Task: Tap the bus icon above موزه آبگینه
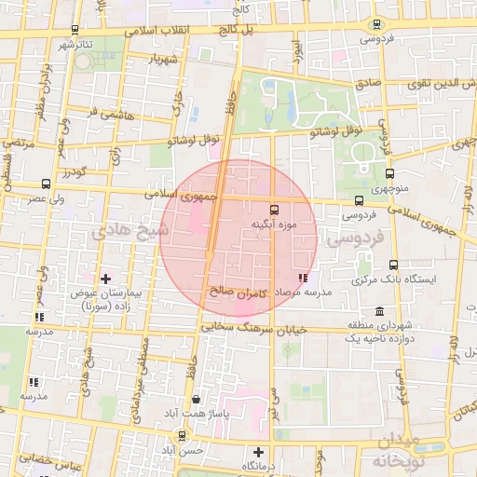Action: pyautogui.click(x=274, y=210)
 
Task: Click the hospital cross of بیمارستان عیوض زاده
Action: pyautogui.click(x=105, y=278)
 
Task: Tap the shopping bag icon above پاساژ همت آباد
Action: pyautogui.click(x=196, y=398)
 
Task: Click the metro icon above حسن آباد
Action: pyautogui.click(x=180, y=435)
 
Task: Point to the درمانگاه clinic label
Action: pyautogui.click(x=262, y=465)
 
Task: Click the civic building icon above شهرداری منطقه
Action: pyautogui.click(x=378, y=311)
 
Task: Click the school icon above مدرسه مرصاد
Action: pyautogui.click(x=302, y=278)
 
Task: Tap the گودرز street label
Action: pyautogui.click(x=72, y=174)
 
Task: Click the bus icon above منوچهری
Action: pyautogui.click(x=390, y=172)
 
